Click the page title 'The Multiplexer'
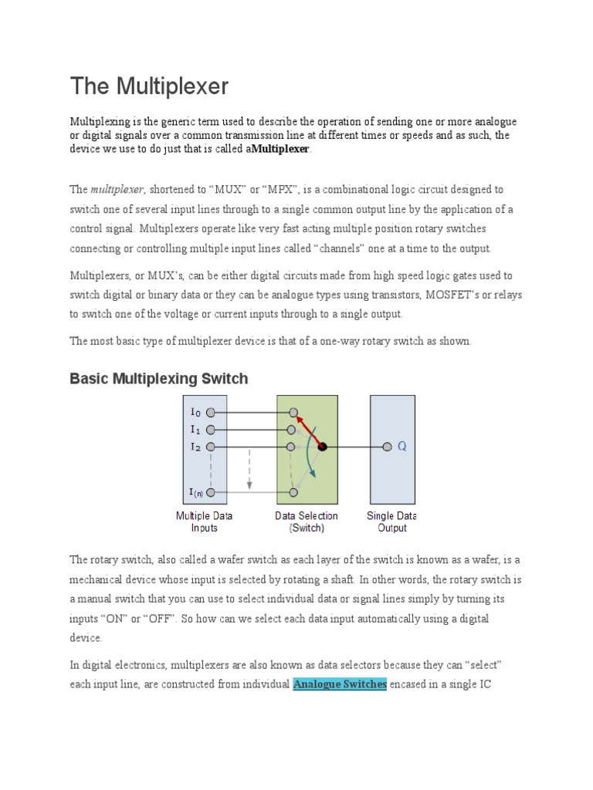[149, 86]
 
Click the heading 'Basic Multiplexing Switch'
[159, 378]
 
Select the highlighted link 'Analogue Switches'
[340, 684]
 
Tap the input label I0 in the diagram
[195, 414]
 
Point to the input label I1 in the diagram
[195, 430]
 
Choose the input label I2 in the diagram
[195, 447]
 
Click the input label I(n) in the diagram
[195, 492]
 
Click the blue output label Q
[402, 447]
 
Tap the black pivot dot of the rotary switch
[323, 447]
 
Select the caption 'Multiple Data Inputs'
[204, 522]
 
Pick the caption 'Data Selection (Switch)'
[307, 522]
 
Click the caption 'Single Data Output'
[391, 522]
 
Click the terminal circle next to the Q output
[387, 447]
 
